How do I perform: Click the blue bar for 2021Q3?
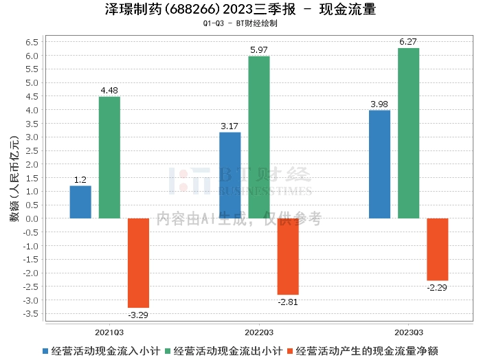(x=80, y=202)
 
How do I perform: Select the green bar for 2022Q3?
(x=259, y=137)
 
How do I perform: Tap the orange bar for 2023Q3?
(x=438, y=249)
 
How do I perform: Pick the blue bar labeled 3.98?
(x=379, y=164)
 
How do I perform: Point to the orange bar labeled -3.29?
(x=138, y=263)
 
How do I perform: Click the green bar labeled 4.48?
(x=109, y=157)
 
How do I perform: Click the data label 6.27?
(x=408, y=42)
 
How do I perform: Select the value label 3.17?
(x=230, y=126)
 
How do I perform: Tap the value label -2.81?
(x=288, y=302)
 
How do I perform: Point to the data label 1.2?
(x=80, y=180)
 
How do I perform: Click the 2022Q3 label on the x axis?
(x=259, y=333)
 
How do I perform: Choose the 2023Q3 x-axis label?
(x=409, y=333)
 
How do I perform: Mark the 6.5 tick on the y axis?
(x=32, y=42)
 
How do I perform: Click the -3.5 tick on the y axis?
(x=31, y=314)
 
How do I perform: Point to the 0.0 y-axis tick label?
(x=32, y=218)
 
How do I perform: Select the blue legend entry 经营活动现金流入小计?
(x=101, y=351)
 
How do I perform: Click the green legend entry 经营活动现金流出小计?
(x=223, y=351)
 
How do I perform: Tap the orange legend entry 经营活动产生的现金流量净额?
(x=363, y=351)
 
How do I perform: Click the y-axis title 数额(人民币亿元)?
(x=14, y=179)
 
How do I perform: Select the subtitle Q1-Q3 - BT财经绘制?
(x=240, y=23)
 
